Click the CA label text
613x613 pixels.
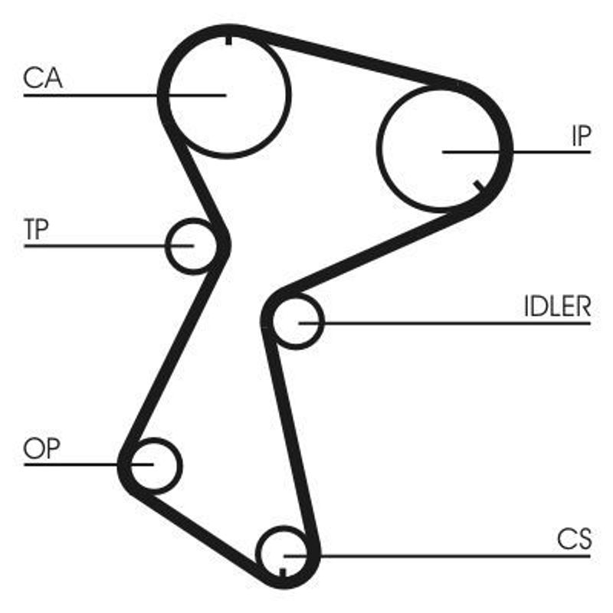coord(43,78)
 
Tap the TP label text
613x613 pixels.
coord(36,229)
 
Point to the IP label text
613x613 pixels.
coord(581,136)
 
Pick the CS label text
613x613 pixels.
coord(574,539)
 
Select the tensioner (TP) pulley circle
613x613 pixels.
coord(167,246)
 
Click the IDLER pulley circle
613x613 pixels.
coord(323,321)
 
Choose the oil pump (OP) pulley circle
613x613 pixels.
coord(180,465)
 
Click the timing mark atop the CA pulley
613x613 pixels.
coord(228,41)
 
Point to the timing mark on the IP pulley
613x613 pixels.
coord(478,186)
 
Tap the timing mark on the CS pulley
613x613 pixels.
coord(283,572)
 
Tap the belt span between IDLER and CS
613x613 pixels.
coord(291,438)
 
